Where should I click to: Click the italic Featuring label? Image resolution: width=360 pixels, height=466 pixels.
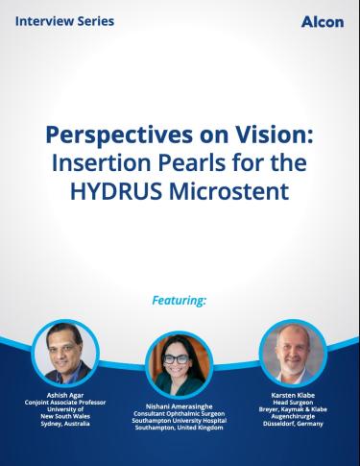180,301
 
